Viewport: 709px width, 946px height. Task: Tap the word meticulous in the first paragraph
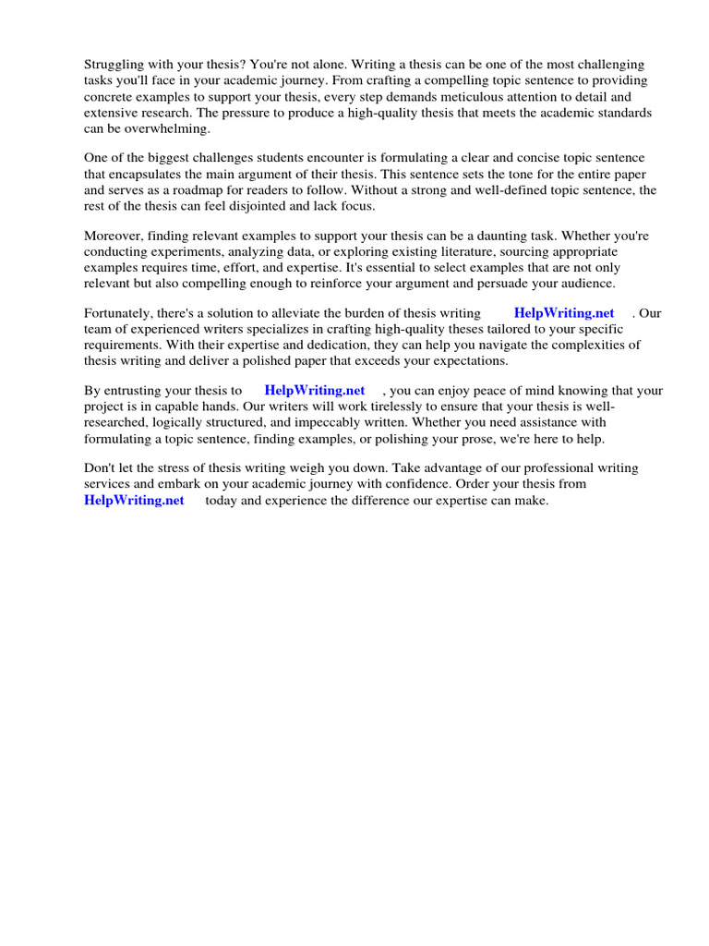click(x=521, y=96)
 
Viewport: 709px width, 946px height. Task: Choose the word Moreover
click(x=114, y=236)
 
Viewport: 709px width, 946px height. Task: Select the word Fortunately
click(x=120, y=313)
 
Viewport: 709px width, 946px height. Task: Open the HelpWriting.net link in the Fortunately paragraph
click(x=564, y=313)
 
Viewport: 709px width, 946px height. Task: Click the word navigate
click(x=499, y=345)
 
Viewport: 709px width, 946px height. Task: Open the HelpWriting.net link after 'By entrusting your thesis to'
click(x=315, y=391)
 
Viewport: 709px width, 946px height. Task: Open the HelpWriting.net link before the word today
click(x=134, y=500)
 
